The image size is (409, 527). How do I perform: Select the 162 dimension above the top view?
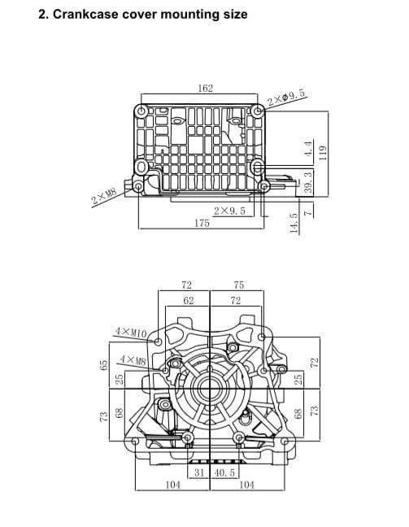pos(205,88)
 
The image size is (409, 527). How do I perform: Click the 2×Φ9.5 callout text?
pos(287,97)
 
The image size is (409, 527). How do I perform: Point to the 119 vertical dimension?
pos(322,153)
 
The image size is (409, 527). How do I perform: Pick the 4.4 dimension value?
pos(309,148)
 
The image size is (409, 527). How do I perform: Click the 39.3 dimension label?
pos(308,182)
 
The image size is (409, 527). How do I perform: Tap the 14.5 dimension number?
pos(294,223)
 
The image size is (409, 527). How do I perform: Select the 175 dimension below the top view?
pos(202,223)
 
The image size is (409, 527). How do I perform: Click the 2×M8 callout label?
pos(104,197)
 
